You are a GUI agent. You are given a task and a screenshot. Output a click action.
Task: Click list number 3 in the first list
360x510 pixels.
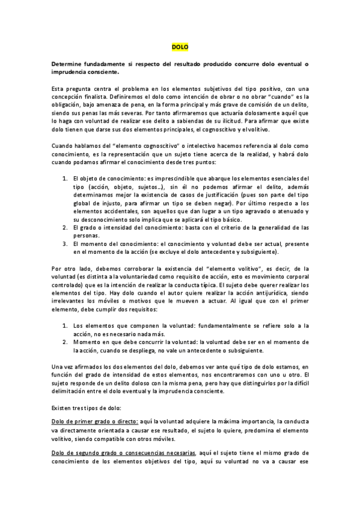click(66, 244)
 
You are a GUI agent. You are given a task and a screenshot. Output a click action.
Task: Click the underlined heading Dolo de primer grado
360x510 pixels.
click(95, 423)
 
